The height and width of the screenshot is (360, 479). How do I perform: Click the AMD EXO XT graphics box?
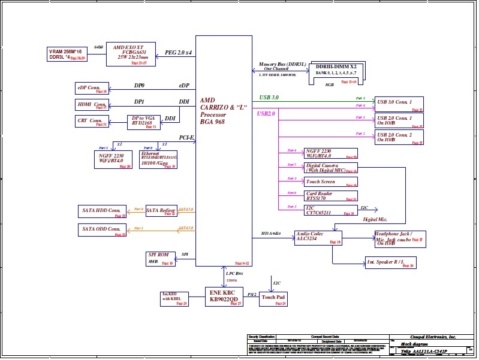coord(131,54)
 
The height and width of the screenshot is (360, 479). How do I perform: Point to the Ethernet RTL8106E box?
coord(158,159)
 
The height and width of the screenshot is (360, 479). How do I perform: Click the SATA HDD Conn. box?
coord(103,211)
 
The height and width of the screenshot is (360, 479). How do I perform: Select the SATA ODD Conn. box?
coord(103,229)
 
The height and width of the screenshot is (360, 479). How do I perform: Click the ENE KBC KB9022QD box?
coord(224,297)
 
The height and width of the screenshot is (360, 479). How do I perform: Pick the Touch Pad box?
coord(273,299)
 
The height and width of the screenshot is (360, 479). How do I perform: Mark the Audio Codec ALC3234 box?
coord(318,237)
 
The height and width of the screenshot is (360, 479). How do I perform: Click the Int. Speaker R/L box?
coord(390,262)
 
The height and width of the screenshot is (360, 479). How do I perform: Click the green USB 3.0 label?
coord(269,97)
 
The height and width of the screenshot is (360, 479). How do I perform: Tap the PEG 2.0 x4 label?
coord(178,53)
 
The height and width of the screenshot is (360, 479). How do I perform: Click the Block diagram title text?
coord(415,344)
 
